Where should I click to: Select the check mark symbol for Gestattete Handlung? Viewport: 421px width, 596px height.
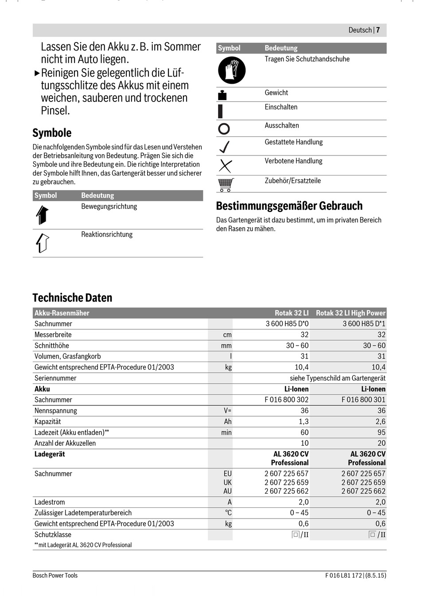[225, 147]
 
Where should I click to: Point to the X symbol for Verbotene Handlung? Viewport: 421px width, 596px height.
[225, 166]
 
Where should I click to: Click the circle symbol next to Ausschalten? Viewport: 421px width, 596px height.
[224, 129]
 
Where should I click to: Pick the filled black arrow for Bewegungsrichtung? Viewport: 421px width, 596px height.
[42, 215]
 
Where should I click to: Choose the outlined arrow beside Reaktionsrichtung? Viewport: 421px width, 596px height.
[42, 243]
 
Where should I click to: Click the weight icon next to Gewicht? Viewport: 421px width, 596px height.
[222, 95]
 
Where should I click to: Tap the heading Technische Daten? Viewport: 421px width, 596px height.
[72, 298]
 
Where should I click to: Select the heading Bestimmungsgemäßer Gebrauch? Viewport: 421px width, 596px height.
[289, 206]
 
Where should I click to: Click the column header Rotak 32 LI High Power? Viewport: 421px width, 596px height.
[350, 313]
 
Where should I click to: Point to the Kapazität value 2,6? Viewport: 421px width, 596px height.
[380, 421]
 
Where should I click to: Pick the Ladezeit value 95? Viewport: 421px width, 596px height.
[381, 432]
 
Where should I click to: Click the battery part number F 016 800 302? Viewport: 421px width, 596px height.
[286, 400]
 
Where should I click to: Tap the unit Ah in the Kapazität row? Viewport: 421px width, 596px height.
[227, 421]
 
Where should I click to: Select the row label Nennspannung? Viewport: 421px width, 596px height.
[56, 411]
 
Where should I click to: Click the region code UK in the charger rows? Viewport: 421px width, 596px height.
[227, 482]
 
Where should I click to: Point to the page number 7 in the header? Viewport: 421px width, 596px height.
[378, 30]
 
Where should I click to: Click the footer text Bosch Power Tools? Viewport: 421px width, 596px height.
[55, 575]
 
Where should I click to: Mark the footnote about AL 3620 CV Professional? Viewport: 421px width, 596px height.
[83, 545]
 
